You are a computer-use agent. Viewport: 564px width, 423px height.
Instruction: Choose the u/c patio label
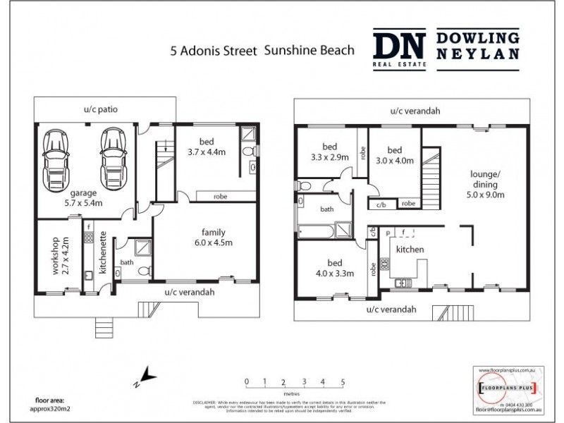coord(99,109)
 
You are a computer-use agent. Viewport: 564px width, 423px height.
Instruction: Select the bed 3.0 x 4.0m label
coord(394,155)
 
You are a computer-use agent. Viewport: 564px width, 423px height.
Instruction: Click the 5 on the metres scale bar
coord(343,381)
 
